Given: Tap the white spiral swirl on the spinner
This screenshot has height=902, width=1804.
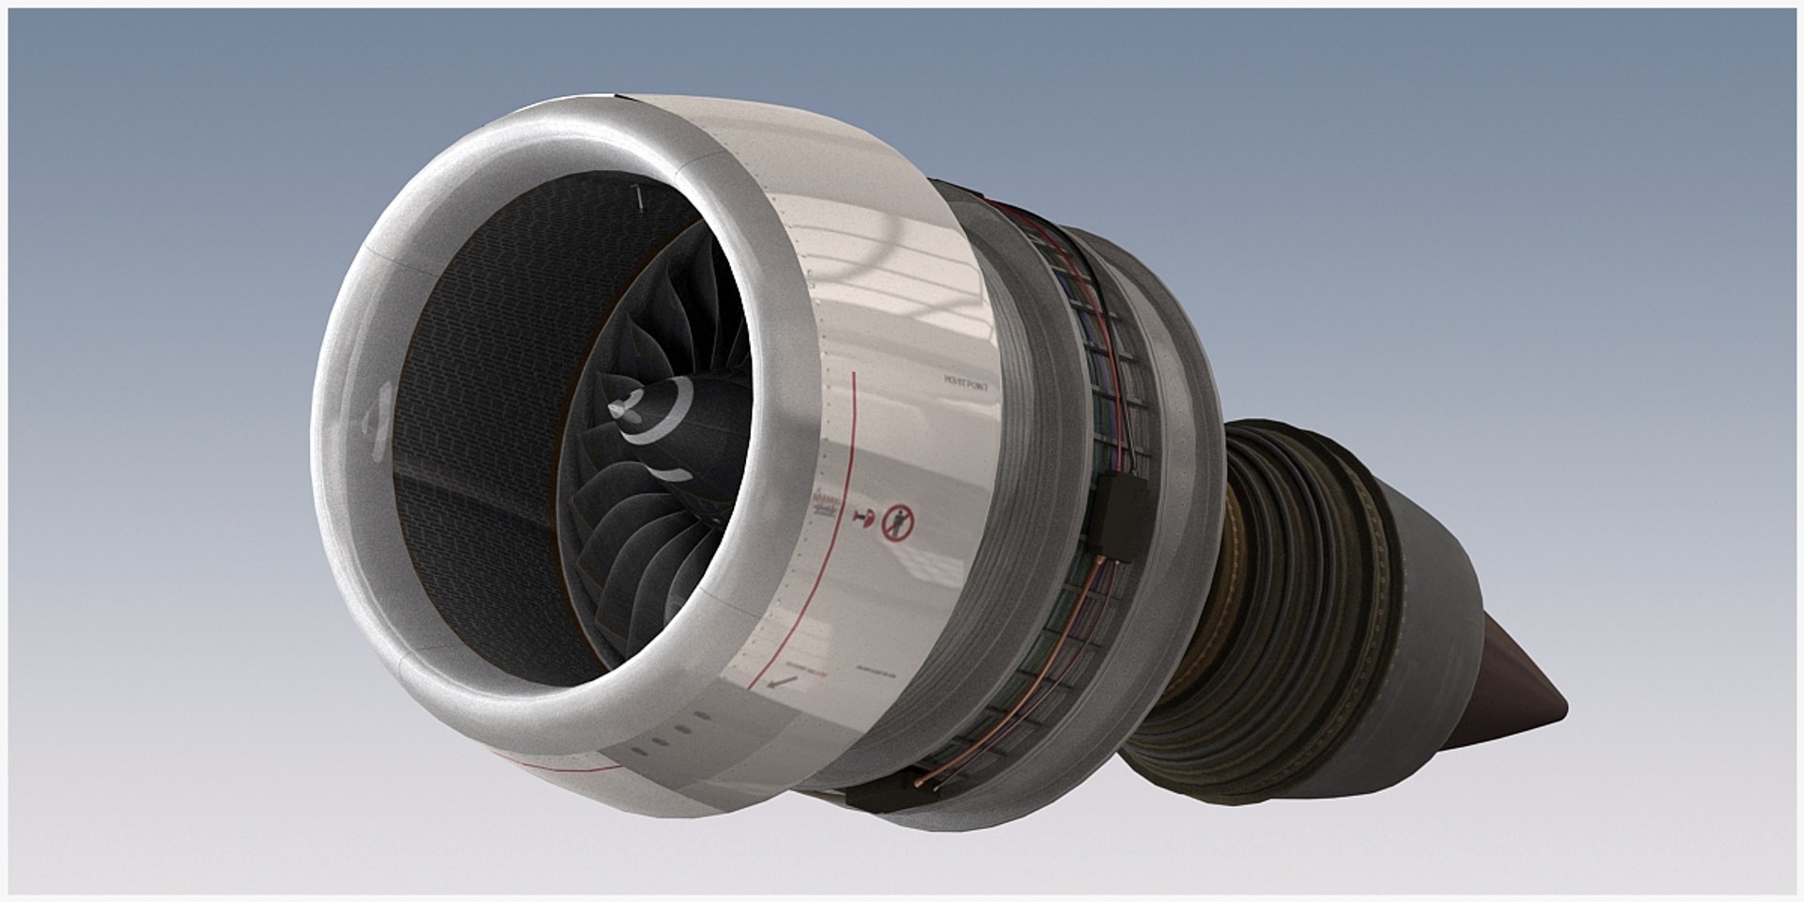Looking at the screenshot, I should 658,423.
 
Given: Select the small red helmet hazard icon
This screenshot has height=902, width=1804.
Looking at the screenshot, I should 864,518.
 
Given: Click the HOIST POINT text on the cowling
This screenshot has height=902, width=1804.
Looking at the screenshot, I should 967,381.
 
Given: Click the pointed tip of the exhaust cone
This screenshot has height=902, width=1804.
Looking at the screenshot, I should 1566,707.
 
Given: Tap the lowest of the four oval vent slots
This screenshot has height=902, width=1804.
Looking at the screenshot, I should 639,750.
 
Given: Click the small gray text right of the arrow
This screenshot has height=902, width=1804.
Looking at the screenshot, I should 874,673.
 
